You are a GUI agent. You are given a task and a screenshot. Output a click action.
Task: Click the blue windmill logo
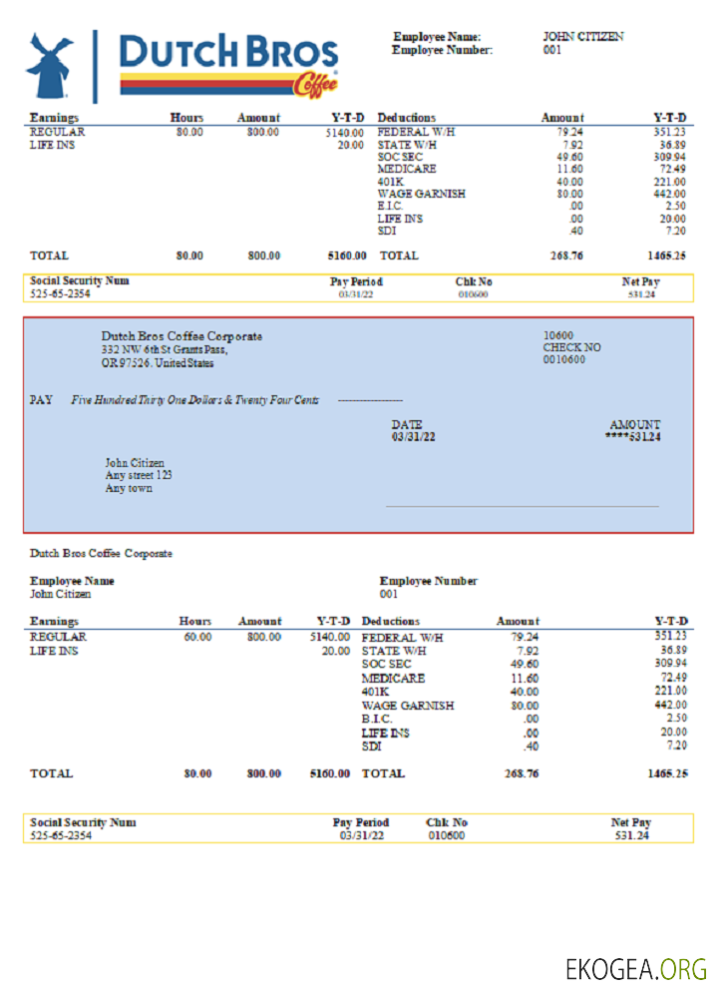click(50, 66)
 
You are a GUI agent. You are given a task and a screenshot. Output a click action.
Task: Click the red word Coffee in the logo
click(315, 88)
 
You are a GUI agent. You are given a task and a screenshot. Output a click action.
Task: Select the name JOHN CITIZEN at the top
click(583, 37)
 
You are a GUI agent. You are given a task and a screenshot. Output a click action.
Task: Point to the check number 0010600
click(564, 359)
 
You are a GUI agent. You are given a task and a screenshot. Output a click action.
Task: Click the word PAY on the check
click(41, 399)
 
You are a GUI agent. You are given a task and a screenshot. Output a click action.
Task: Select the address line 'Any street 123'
click(139, 476)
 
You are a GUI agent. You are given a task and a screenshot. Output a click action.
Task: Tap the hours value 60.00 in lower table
click(196, 636)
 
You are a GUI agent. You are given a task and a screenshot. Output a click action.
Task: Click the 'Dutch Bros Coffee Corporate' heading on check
click(181, 336)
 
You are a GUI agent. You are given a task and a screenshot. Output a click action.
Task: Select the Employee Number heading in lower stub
click(429, 581)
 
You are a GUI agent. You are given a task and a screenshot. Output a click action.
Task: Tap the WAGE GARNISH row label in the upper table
click(421, 194)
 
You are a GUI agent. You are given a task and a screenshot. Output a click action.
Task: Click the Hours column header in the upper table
click(186, 118)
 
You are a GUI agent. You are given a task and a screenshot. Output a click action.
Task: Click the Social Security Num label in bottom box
click(83, 822)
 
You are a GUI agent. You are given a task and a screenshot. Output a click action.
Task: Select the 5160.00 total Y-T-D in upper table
click(346, 255)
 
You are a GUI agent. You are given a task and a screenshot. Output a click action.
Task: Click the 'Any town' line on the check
click(129, 489)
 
